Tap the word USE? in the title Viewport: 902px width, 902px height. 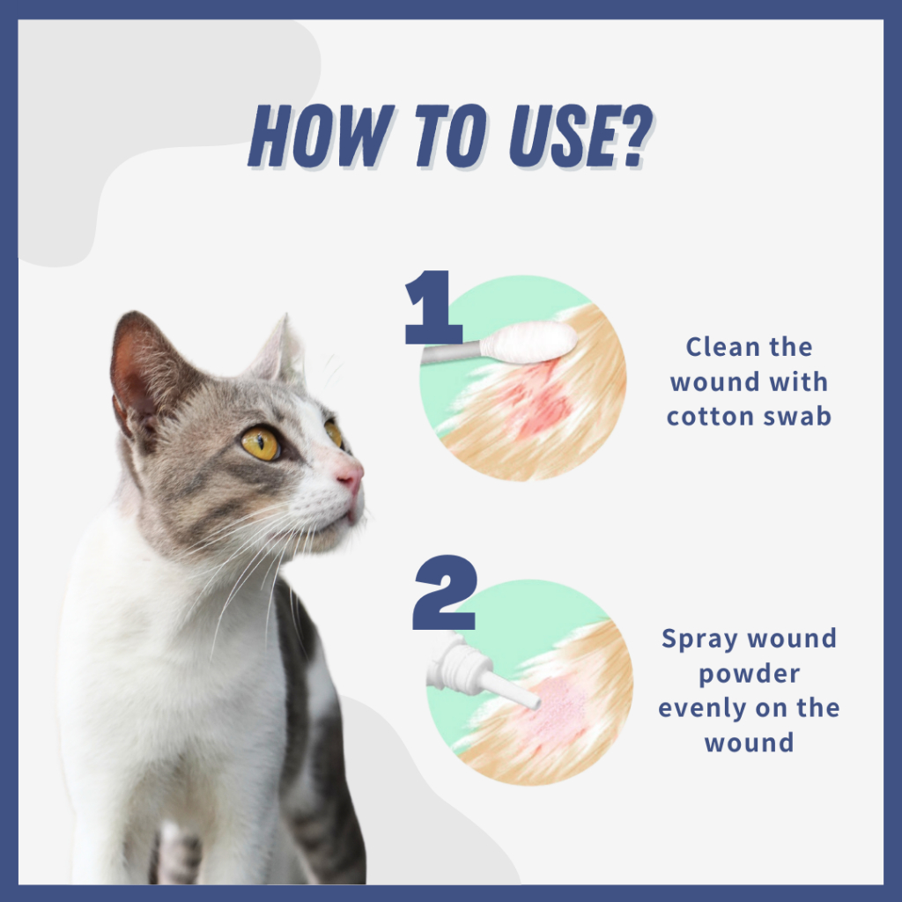pos(581,136)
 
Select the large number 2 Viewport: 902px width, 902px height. pos(445,593)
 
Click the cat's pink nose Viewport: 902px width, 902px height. pos(351,477)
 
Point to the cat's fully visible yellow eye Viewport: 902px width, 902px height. pos(260,443)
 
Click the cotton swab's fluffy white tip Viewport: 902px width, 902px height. pos(529,343)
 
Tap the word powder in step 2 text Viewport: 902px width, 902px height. pos(749,674)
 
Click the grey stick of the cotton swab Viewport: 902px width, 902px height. pos(452,352)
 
